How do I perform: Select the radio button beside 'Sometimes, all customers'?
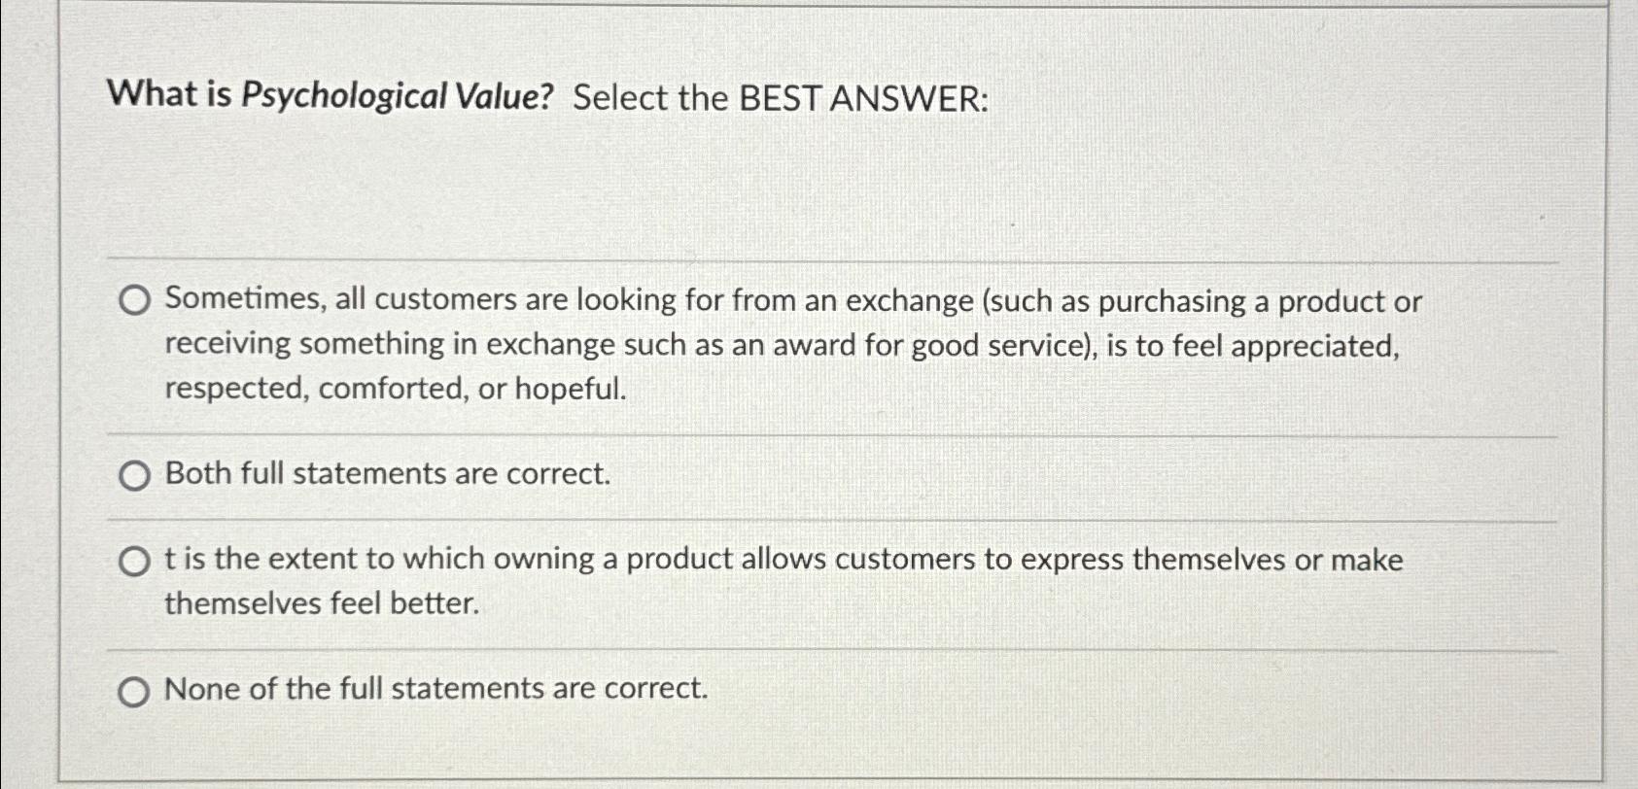(135, 301)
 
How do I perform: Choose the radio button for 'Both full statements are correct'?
(135, 476)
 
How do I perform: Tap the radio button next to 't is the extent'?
(135, 562)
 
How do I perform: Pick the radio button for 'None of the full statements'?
(134, 692)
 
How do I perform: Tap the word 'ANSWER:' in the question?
(910, 98)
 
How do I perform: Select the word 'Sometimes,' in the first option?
(246, 299)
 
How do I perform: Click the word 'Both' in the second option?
(198, 473)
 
